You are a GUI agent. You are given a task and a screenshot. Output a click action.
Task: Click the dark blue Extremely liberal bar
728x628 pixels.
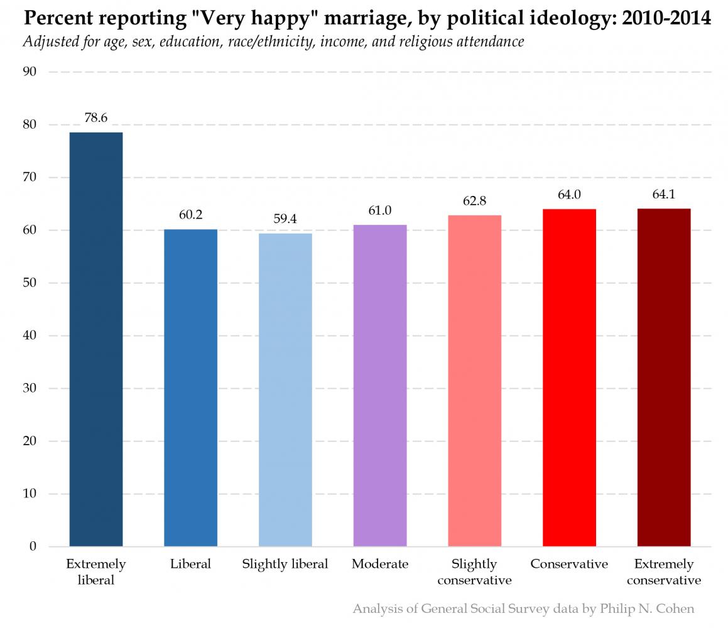coord(96,339)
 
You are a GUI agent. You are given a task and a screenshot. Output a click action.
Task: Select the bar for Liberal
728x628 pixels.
coord(190,387)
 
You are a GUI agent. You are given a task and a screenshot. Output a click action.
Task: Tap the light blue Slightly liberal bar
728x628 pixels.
coord(285,389)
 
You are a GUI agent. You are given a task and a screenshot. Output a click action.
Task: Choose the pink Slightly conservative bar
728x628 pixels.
coord(475,381)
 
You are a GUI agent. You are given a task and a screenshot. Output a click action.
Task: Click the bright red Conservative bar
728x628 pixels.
coord(569,377)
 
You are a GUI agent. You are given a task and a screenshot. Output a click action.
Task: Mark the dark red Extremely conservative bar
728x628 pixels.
coord(664,377)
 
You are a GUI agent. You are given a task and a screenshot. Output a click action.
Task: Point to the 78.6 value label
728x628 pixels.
coord(96,117)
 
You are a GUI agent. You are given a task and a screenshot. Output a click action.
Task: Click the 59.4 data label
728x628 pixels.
coord(285,219)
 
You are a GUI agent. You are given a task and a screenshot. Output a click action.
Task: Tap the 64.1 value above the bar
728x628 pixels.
coord(664,194)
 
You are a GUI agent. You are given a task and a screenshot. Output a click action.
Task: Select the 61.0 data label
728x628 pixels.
coord(380,211)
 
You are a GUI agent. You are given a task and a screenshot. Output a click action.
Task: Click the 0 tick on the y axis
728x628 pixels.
coord(33,546)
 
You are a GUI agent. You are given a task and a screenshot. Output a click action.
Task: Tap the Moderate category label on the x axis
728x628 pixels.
coord(380,564)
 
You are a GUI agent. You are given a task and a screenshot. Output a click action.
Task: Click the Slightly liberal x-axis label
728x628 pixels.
coord(285,564)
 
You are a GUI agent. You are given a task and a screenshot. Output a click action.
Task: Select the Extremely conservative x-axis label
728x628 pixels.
coord(664,572)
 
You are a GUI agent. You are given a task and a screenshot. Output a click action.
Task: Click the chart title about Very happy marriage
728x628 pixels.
coord(367,18)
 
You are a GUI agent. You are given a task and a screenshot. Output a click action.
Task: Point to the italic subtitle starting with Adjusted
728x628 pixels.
coord(273,42)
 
